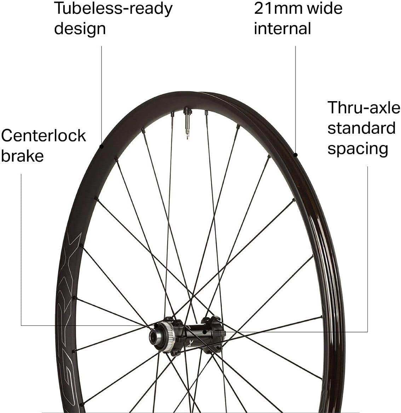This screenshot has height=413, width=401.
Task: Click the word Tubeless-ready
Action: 113,8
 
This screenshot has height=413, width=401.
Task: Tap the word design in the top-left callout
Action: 80,28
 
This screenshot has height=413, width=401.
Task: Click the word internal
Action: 282,28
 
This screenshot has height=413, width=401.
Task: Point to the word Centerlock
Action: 43,135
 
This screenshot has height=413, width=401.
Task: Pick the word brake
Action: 22,156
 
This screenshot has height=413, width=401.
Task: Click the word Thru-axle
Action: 363,107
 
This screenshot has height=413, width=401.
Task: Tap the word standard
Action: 361,128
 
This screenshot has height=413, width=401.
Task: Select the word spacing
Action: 357,149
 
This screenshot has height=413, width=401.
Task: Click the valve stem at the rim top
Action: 187,122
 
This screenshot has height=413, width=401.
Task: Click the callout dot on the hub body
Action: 205,332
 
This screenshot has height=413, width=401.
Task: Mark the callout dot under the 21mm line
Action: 296,155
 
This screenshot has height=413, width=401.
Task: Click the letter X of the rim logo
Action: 73,246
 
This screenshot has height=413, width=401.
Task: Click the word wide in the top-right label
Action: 325,8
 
